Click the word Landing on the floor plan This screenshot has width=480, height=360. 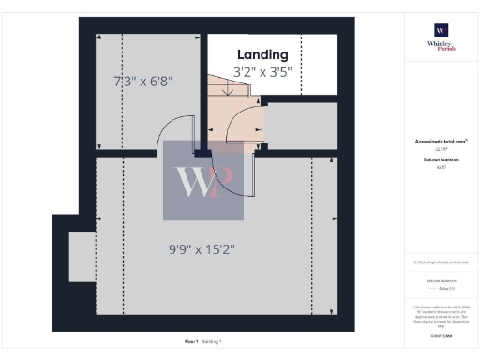point(262,54)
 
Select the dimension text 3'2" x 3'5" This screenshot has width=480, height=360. point(263,71)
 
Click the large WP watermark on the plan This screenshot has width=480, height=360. point(202,180)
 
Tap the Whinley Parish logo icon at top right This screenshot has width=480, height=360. point(441,32)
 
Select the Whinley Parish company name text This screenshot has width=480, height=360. point(441,49)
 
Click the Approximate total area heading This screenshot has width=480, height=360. point(441,141)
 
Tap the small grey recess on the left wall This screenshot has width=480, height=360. point(82,255)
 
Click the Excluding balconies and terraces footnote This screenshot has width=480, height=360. point(441,262)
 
